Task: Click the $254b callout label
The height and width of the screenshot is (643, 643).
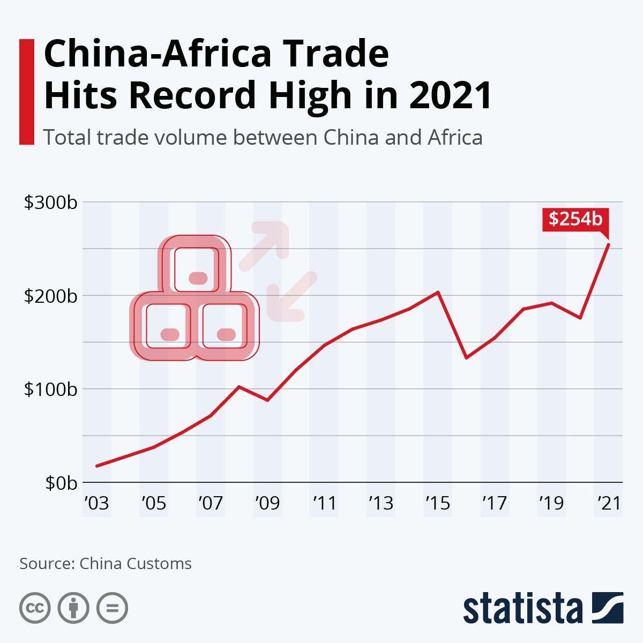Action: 575,219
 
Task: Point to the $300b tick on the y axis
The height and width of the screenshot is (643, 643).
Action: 51,203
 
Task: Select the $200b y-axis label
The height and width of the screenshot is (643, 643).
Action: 51,296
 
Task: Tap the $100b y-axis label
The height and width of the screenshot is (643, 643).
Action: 51,390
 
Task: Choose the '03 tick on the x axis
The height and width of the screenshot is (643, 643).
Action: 96,503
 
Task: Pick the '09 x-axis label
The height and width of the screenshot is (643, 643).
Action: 267,503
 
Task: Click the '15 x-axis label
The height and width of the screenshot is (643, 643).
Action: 438,503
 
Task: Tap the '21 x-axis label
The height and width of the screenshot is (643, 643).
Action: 609,503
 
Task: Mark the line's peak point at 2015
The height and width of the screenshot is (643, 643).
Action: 438,292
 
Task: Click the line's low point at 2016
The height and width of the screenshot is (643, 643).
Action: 467,357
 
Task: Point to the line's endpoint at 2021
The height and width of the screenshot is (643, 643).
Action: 609,245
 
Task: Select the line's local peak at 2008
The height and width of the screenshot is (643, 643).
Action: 239,386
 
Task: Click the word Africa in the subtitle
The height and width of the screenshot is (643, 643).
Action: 455,138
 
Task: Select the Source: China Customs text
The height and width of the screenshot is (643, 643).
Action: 106,564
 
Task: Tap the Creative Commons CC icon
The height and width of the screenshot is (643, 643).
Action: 35,609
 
